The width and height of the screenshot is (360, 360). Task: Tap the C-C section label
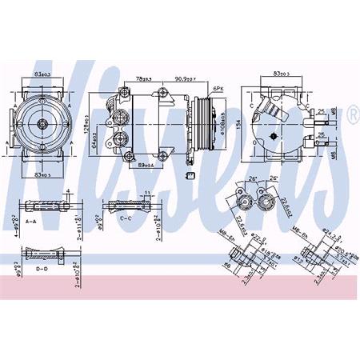[x=126, y=217]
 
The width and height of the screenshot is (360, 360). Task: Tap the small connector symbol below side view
[x=190, y=174]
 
